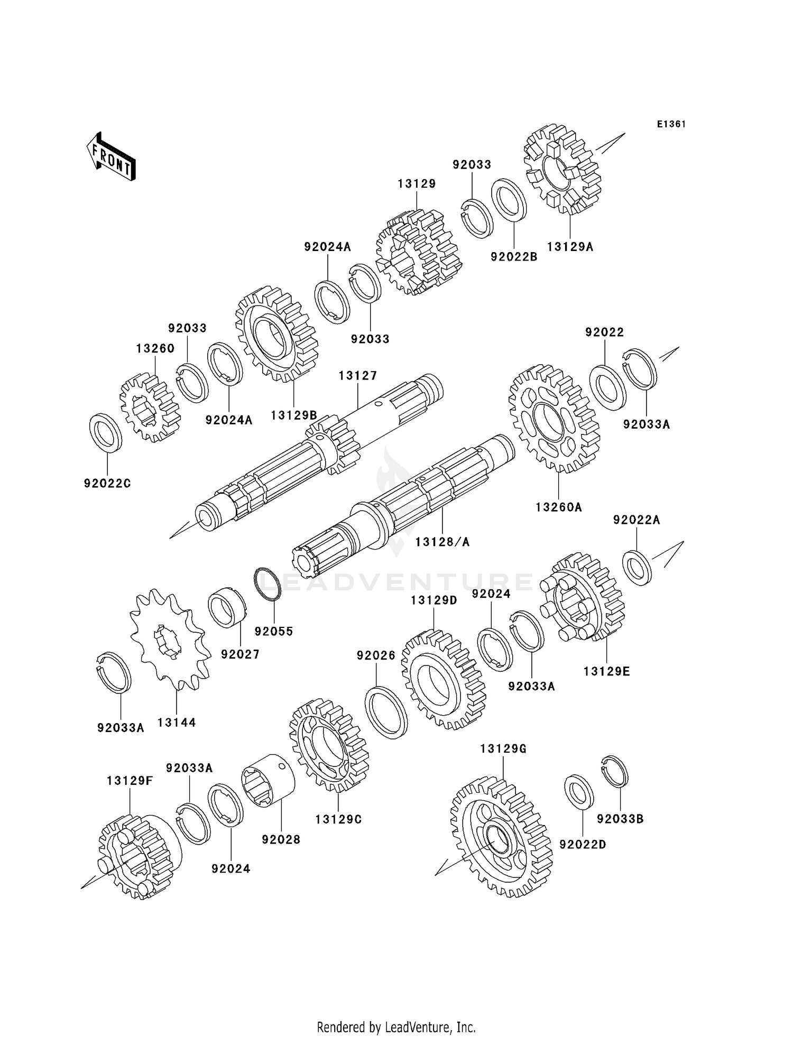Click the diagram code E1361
671,124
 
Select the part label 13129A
570,246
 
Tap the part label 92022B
514,257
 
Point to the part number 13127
358,376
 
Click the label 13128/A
442,542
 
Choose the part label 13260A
559,507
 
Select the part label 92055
273,631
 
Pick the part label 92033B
620,819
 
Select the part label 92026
376,655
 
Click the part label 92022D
583,845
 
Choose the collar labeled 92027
227,608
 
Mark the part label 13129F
130,781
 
